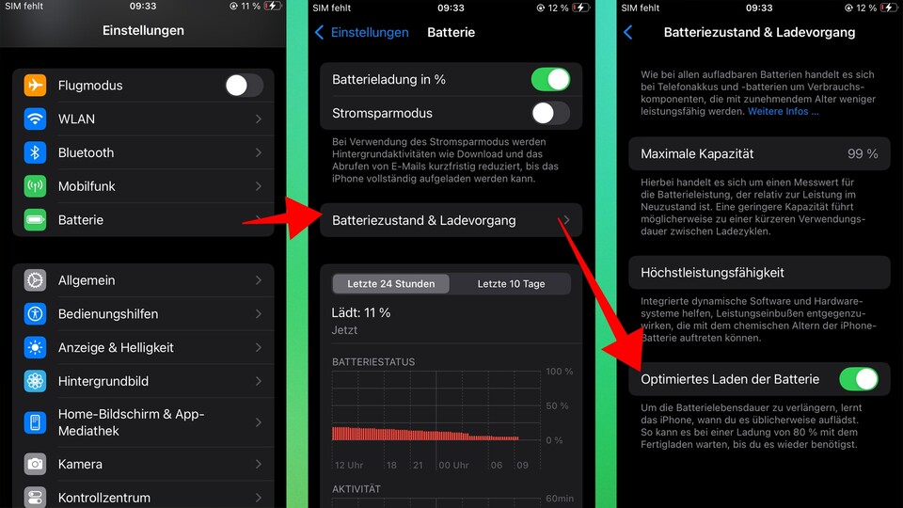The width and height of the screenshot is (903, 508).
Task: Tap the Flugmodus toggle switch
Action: coord(244,86)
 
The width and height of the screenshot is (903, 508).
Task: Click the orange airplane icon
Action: coord(36,86)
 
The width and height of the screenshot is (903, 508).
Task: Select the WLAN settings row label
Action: coord(76,119)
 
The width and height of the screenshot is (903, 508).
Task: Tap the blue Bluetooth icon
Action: coord(36,152)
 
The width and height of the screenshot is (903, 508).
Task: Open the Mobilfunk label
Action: coord(87,186)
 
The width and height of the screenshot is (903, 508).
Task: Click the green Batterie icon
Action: coord(36,220)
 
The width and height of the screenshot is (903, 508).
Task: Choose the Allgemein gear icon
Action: coord(36,280)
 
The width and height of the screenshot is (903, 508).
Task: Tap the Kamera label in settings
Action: coord(80,464)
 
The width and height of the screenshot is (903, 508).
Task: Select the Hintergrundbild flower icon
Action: coord(36,381)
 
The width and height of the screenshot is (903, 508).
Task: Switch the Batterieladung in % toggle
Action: coord(550,80)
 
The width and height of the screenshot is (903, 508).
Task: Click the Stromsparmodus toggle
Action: coord(550,114)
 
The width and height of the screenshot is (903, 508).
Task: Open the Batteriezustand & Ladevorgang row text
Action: coord(423,220)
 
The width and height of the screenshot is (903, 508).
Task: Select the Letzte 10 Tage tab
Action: coord(511,284)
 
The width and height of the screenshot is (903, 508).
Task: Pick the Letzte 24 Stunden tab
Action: coord(390,284)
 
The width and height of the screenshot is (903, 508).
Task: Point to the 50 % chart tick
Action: coord(557,405)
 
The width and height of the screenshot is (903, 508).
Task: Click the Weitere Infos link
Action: coord(784,111)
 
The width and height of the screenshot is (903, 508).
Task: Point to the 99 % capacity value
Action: coord(862,153)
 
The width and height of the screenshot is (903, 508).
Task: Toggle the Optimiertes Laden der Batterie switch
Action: coord(858,380)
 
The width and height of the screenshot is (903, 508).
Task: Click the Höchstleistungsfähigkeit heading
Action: coord(712,273)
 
